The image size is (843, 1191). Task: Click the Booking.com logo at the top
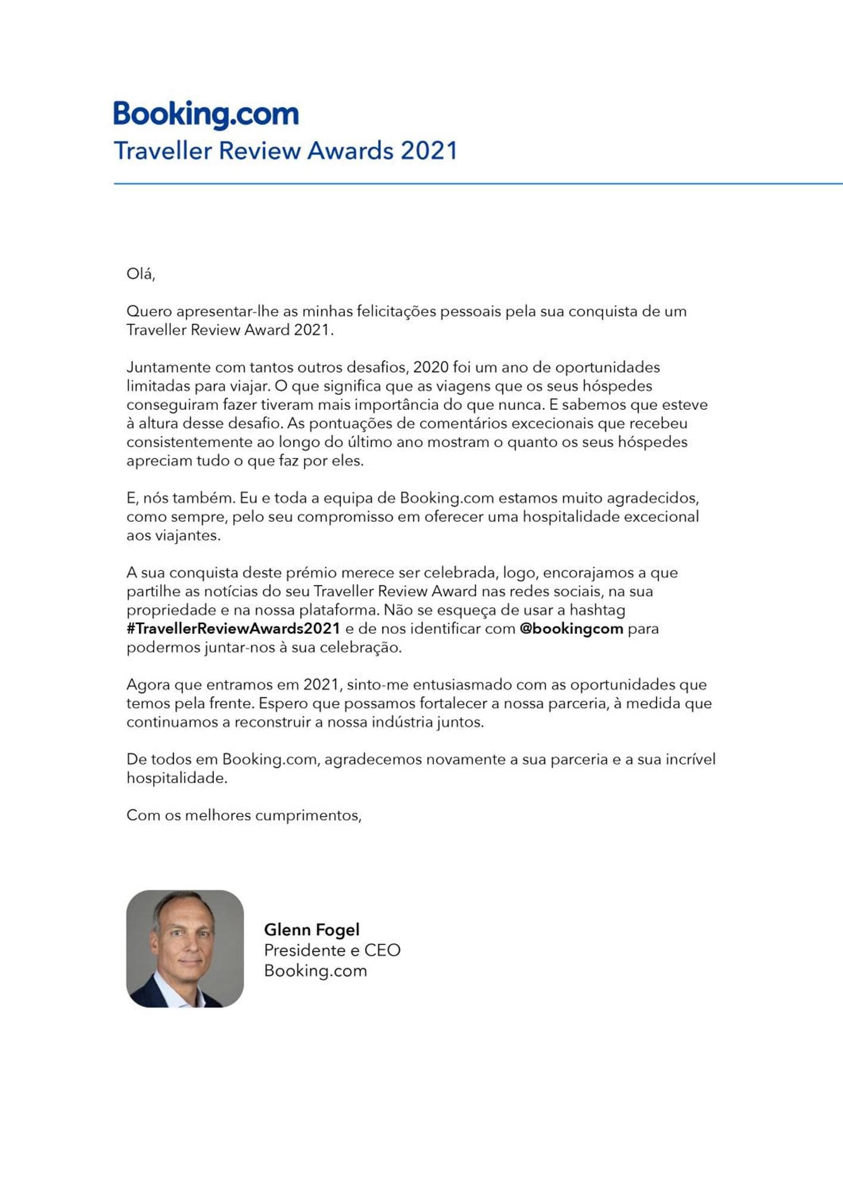206,114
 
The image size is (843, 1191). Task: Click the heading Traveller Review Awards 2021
285,151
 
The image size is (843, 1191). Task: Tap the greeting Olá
141,274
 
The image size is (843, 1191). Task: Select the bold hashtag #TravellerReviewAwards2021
233,628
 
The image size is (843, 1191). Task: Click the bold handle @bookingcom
571,628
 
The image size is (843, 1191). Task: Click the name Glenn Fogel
312,930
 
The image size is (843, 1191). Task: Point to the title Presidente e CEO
332,950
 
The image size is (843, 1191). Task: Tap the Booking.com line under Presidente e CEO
315,971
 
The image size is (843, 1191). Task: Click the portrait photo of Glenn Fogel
185,949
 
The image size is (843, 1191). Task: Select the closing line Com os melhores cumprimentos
244,815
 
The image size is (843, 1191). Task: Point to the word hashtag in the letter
597,610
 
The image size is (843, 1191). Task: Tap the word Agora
148,685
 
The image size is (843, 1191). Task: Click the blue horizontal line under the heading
477,184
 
